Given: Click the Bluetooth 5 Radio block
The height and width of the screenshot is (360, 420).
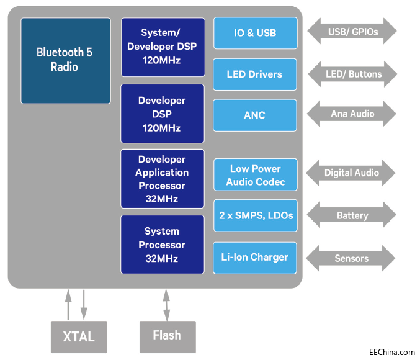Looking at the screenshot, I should (65, 60).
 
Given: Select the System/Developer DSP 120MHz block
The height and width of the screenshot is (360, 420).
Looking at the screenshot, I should (163, 47).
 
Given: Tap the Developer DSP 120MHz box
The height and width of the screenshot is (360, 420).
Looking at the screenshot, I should (163, 114).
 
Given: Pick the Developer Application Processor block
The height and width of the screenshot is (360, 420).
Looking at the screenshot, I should (163, 178).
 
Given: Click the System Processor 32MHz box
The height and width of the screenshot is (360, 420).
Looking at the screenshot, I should (163, 245).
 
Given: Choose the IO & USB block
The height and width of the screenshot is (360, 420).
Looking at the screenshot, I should (255, 33).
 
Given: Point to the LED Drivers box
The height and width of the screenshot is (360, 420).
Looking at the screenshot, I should (255, 74).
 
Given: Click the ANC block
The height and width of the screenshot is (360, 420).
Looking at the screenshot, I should (255, 115).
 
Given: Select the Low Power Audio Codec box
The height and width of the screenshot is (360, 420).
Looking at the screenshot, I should (255, 175).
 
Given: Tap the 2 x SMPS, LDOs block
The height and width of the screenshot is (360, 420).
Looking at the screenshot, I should (255, 216).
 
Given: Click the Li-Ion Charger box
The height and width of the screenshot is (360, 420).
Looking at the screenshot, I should (255, 258).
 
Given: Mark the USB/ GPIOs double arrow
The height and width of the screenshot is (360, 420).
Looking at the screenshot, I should (352, 31).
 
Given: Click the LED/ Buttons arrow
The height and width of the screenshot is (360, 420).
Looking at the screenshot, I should (352, 74).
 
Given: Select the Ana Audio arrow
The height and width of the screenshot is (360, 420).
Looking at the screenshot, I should (352, 114).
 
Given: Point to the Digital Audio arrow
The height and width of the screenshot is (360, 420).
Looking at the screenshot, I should (352, 173).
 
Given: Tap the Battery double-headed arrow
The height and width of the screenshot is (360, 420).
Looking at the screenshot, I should (352, 216).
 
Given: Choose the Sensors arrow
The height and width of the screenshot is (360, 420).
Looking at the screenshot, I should (352, 258).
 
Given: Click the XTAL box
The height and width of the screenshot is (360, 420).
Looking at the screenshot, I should (79, 337).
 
